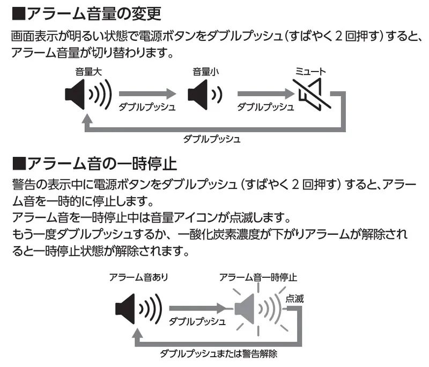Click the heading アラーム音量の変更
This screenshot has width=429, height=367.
point(93,12)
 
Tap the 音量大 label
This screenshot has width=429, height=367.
point(86,70)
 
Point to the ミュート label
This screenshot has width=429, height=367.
point(310,70)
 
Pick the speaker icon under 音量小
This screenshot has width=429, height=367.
point(204,96)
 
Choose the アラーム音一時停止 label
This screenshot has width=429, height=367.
point(258,277)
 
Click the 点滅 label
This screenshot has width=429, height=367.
point(295,299)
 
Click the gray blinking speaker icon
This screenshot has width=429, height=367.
point(257,308)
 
